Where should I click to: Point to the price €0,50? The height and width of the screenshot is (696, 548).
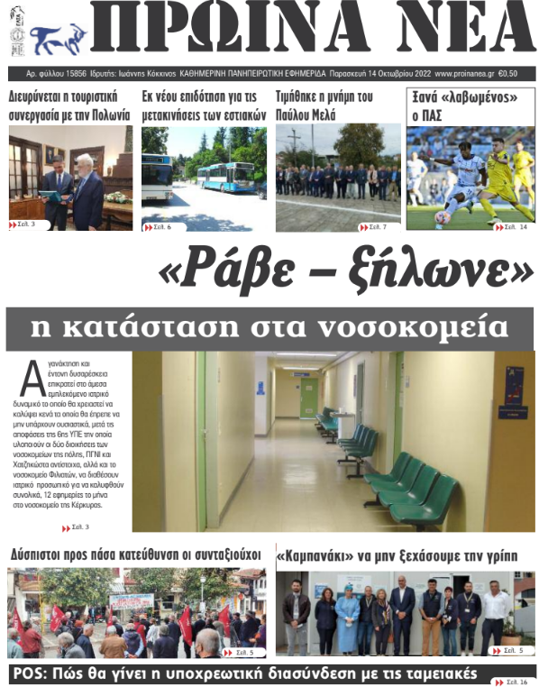pos(507,74)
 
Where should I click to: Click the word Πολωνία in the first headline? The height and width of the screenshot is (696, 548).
pos(109,114)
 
